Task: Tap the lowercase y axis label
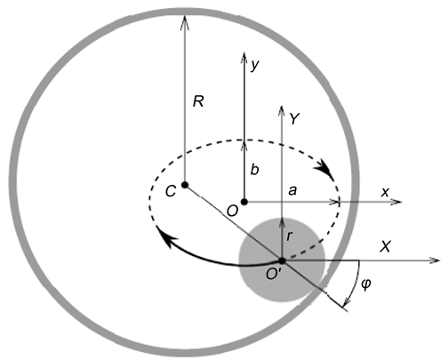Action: pyautogui.click(x=255, y=65)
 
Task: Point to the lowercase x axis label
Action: pyautogui.click(x=385, y=192)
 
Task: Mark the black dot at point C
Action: pyautogui.click(x=184, y=185)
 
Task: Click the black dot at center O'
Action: pyautogui.click(x=281, y=260)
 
